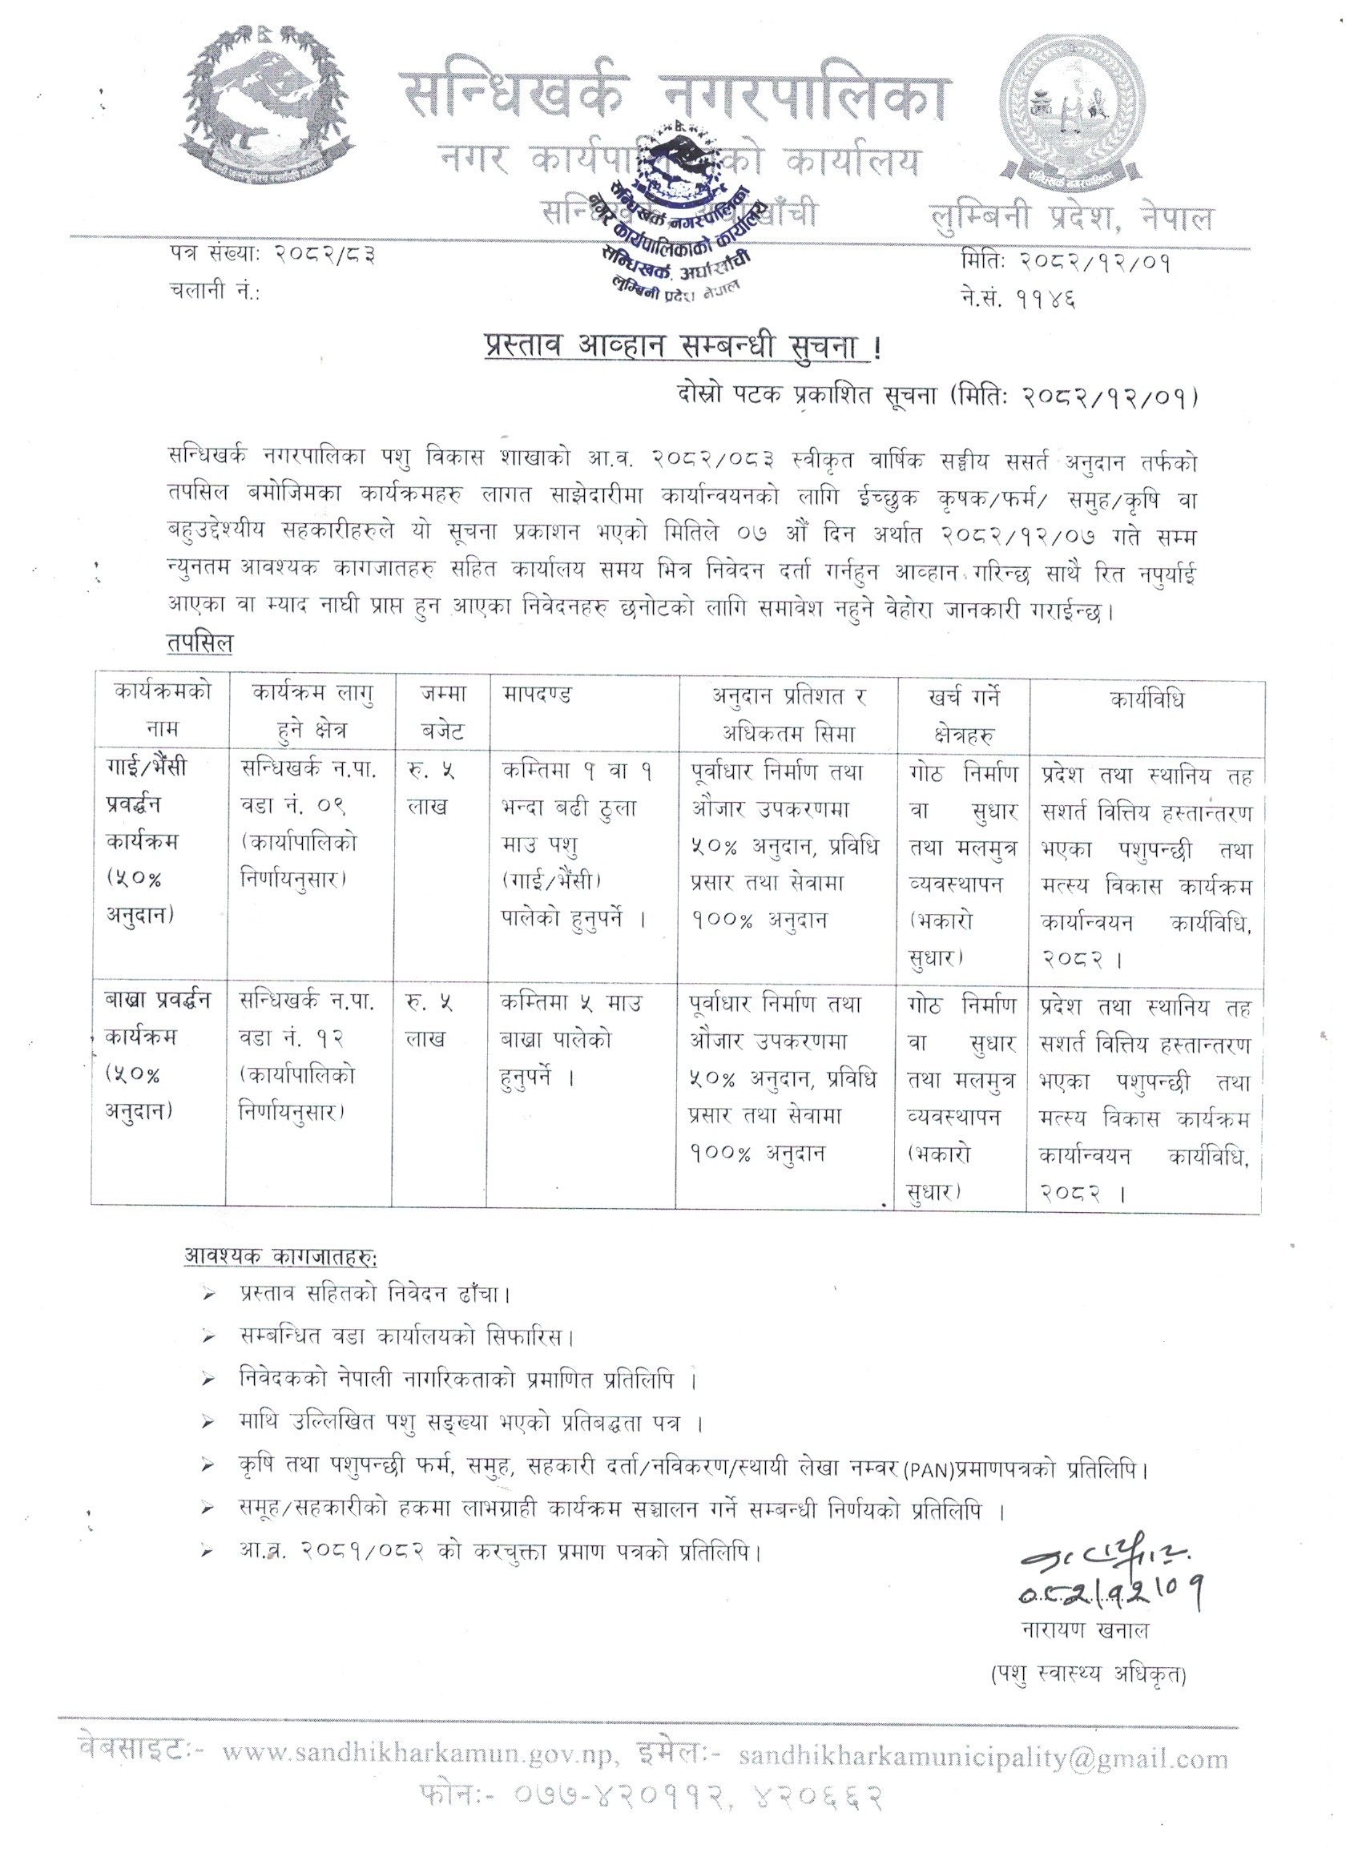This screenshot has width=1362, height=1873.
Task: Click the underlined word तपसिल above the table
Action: point(199,643)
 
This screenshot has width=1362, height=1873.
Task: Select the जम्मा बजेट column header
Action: point(442,712)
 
